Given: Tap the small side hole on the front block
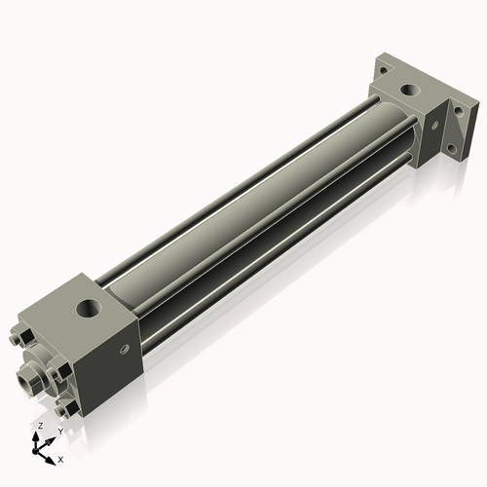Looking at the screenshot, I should pos(124,350).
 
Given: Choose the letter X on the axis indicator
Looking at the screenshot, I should pos(61,458).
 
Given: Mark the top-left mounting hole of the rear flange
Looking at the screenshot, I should pos(384,70).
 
